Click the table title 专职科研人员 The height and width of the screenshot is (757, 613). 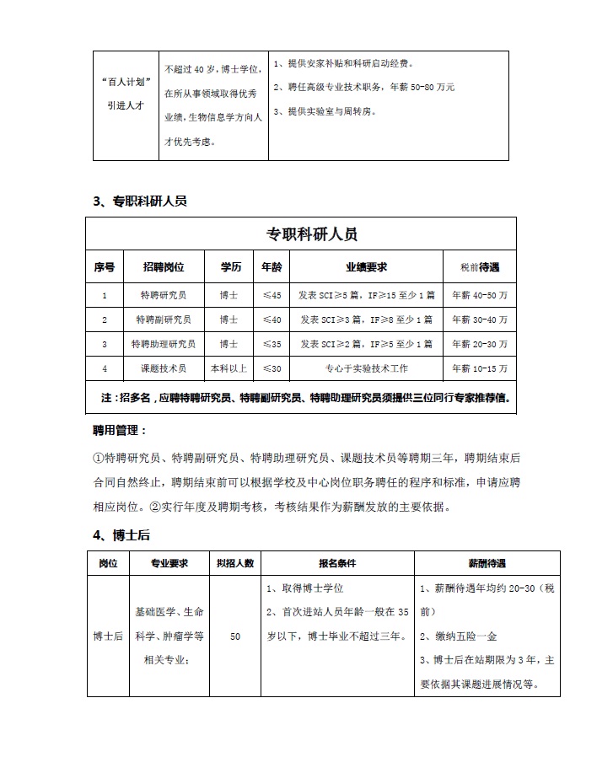tap(300, 234)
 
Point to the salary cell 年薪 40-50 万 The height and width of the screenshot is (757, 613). tap(478, 295)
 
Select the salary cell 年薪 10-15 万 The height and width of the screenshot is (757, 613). tap(478, 368)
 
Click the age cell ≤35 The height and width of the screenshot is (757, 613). tap(272, 344)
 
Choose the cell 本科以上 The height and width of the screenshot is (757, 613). tap(229, 368)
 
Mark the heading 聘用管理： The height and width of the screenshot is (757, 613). tap(120, 430)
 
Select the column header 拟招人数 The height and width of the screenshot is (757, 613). tap(234, 562)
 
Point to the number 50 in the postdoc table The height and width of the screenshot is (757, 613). tap(234, 636)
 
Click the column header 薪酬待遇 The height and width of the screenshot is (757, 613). tap(487, 562)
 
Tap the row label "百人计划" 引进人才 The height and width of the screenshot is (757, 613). tap(123, 94)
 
